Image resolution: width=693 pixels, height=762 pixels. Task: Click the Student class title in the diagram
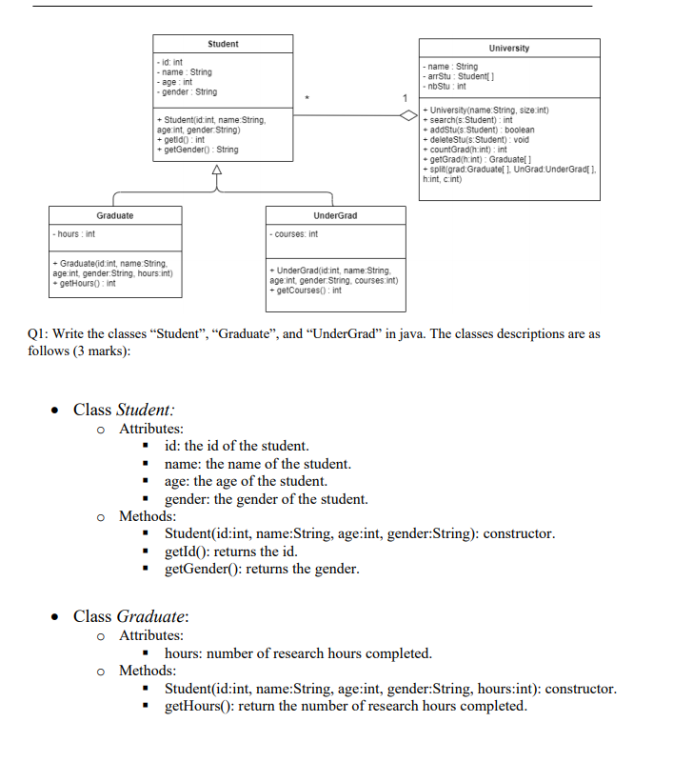click(x=223, y=45)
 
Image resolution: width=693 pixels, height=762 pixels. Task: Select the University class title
click(x=509, y=49)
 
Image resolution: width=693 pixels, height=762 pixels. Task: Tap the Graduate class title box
click(x=115, y=215)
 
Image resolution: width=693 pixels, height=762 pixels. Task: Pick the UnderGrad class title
click(x=335, y=216)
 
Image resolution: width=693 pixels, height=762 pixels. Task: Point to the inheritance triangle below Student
click(x=217, y=170)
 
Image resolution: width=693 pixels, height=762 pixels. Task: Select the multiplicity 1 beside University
click(x=405, y=99)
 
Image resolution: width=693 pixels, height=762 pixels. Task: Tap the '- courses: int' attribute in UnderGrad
click(x=295, y=233)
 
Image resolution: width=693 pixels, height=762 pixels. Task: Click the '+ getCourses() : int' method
click(x=307, y=291)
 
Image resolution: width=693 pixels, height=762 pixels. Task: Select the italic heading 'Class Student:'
click(x=124, y=410)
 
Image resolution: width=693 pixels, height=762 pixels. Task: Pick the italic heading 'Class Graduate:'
click(x=130, y=616)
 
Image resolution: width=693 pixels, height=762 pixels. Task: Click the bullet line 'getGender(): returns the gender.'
click(x=262, y=570)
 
